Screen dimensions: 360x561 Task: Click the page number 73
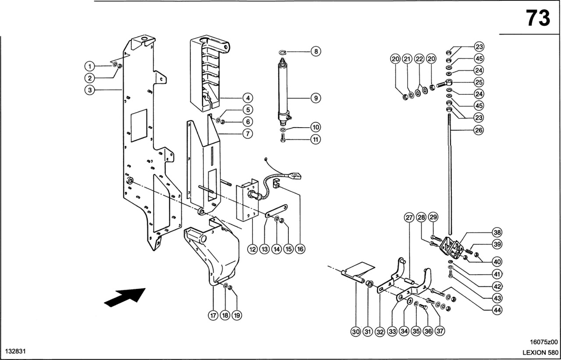coord(538,18)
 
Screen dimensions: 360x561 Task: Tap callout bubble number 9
coord(315,98)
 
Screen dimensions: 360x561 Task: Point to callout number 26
coord(479,130)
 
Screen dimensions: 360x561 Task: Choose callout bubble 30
coord(355,332)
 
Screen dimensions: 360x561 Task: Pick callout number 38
coord(497,232)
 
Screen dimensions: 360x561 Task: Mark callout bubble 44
coord(497,310)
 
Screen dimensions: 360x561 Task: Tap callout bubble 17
coord(213,315)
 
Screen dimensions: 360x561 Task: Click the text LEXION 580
coord(540,353)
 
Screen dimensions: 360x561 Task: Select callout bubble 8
coord(315,51)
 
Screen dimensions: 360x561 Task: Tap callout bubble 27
coord(409,218)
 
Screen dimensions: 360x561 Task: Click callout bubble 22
coord(419,59)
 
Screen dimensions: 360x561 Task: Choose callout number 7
coord(248,134)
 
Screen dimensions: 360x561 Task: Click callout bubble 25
coord(479,82)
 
